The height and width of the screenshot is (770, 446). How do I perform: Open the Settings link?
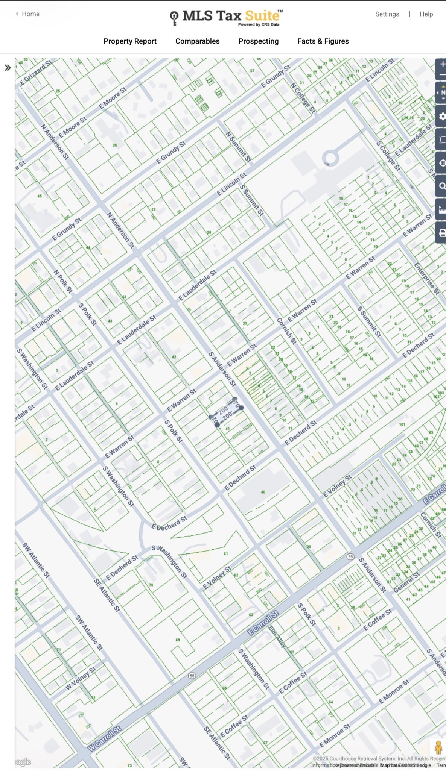[387, 14]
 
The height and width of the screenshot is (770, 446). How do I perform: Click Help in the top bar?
[426, 14]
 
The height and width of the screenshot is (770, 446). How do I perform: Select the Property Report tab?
[130, 41]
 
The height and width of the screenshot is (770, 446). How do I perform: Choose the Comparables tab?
[197, 41]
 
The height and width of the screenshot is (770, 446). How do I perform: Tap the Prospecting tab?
[258, 41]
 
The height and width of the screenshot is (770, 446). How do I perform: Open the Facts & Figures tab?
[323, 41]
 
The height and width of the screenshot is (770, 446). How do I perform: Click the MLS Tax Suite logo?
[227, 17]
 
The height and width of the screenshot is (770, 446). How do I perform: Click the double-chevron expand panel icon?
[8, 68]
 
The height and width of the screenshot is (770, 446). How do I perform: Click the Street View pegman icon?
[438, 747]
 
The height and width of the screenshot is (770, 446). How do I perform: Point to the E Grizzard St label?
[35, 72]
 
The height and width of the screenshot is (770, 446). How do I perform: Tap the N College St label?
[303, 98]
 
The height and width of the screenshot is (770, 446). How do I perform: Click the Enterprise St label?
[427, 278]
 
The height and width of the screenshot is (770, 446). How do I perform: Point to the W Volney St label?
[81, 678]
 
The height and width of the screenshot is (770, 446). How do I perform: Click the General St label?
[406, 583]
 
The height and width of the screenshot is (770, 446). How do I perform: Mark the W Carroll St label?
[104, 738]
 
